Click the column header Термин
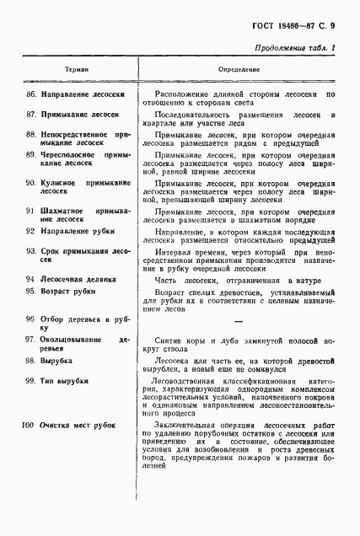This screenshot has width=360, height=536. [x=76, y=69]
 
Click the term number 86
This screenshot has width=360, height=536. [x=31, y=94]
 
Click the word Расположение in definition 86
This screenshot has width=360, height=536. [x=185, y=94]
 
